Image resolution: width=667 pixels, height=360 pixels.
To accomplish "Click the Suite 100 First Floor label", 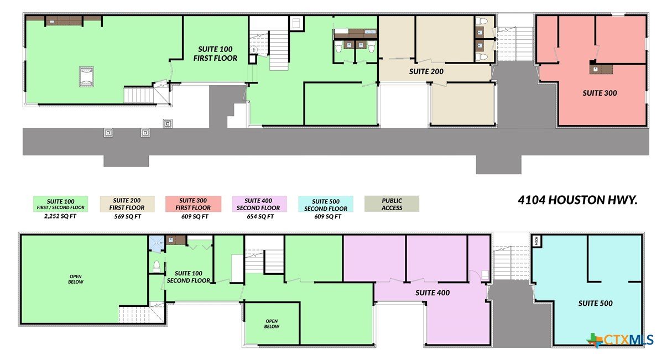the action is pos(215,54).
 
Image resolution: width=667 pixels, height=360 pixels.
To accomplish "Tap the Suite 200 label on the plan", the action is pos(426,71).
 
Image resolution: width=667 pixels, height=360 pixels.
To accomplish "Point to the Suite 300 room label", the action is pos(600,93).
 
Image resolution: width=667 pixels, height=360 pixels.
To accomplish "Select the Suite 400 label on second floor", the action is pos(432,293).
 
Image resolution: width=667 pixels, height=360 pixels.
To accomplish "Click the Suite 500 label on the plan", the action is pos(595,304).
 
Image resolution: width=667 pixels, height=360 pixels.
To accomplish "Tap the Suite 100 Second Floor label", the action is pos(189,277).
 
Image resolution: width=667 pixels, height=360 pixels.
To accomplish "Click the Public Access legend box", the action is pos(392,204).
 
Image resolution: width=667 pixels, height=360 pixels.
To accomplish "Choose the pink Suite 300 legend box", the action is pos(193,204).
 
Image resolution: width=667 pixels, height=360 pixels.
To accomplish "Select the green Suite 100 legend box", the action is pos(60,204).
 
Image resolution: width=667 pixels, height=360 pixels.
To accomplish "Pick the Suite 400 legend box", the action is pos(259,204).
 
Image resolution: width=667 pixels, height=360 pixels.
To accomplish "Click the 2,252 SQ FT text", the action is pos(60,216).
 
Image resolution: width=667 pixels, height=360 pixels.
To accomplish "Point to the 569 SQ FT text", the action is pos(127,217).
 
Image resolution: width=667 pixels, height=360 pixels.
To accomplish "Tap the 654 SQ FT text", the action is pos(260,217).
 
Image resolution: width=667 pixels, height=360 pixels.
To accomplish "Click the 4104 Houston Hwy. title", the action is pos(577,200).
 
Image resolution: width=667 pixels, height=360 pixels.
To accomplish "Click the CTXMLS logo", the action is pos(620,340).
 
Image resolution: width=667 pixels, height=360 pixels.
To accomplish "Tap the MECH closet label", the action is pos(536,241).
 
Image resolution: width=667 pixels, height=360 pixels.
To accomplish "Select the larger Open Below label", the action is pos(76,279).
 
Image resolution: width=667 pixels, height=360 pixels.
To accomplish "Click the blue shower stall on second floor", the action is pos(157,244).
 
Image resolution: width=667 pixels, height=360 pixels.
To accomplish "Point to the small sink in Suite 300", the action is pos(595,69).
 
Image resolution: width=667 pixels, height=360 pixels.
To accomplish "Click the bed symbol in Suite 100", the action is pos(86,76).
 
